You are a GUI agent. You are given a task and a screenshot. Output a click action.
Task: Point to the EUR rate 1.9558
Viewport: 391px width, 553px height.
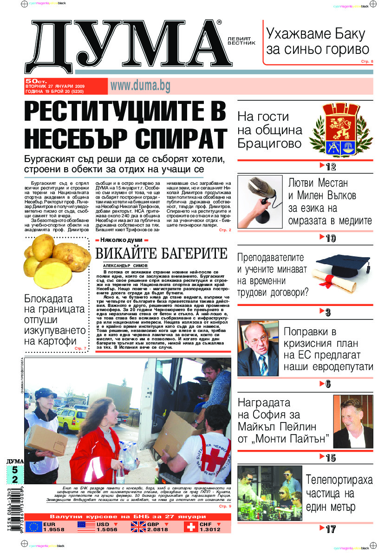point(54,530)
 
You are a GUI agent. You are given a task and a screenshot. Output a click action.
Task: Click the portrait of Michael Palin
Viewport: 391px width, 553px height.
point(353,421)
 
